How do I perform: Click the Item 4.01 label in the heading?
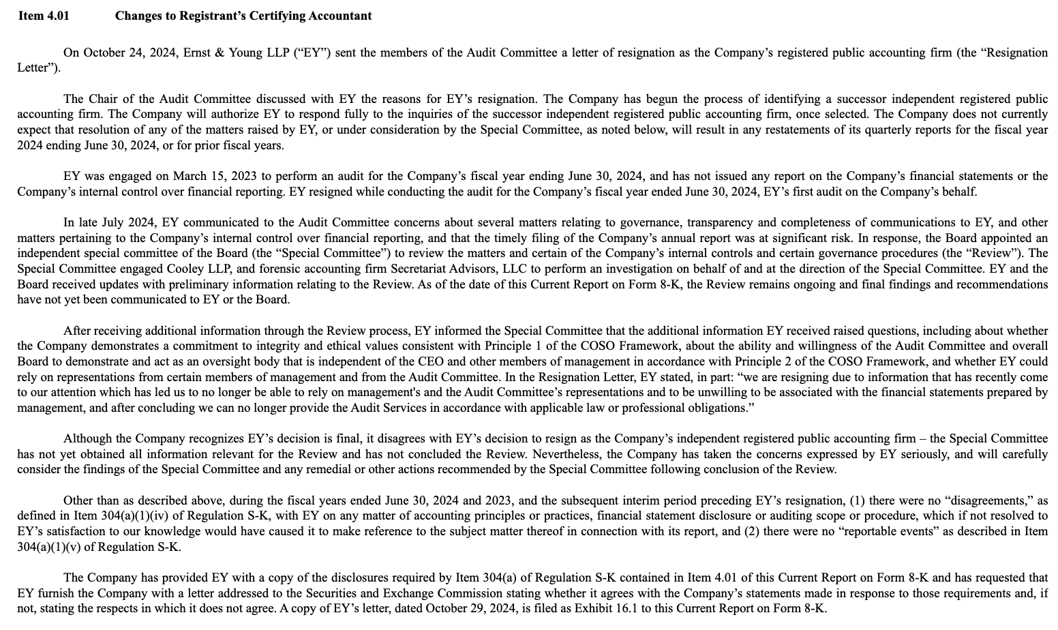pyautogui.click(x=43, y=16)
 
